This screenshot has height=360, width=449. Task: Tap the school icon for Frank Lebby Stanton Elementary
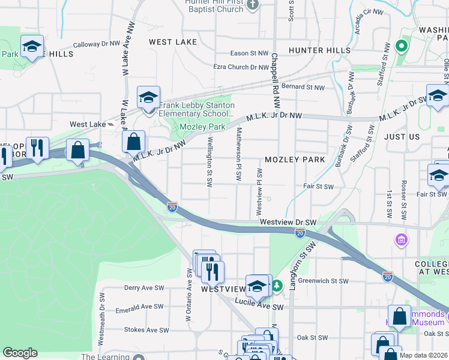[148, 97]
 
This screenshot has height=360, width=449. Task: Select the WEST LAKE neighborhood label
[172, 42]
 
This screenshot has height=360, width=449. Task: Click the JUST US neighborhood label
[402, 137]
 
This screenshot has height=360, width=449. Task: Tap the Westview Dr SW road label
[288, 222]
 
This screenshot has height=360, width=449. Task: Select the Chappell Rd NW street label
[274, 66]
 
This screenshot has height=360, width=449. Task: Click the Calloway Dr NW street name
[97, 44]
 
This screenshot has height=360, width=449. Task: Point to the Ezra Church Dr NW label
[240, 67]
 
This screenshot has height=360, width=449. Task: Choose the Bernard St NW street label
[303, 87]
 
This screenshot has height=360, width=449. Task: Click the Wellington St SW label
[210, 161]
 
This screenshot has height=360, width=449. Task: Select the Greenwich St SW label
[323, 281]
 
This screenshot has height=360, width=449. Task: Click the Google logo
[20, 353]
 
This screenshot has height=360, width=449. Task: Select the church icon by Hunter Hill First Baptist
[253, 5]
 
